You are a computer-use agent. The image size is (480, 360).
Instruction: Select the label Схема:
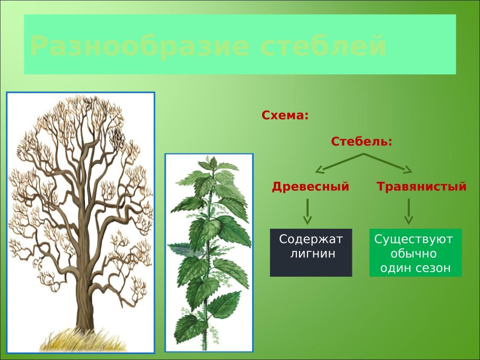point(285,115)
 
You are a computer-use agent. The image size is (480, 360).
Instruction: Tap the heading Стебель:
point(362,141)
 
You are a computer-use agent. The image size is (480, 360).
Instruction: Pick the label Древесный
point(311,187)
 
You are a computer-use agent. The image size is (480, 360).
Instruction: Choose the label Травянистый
point(421,187)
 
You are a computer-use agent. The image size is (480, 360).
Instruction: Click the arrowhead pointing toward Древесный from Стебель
point(320,170)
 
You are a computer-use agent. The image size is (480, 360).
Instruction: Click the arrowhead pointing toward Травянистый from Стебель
point(408,169)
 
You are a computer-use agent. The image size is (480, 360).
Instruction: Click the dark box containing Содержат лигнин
point(311,252)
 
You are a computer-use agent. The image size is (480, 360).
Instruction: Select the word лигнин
point(313,254)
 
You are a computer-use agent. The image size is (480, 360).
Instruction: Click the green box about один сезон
point(415,252)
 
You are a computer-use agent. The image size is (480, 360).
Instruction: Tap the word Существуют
point(414,239)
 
